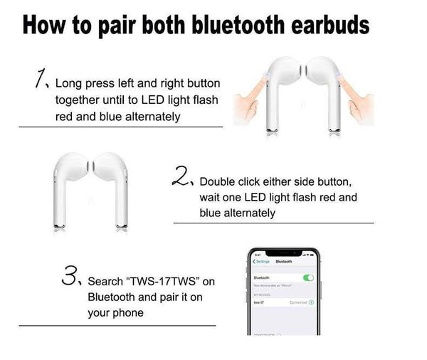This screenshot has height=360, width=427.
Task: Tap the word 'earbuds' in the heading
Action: (x=330, y=26)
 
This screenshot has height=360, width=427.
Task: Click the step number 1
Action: (x=35, y=79)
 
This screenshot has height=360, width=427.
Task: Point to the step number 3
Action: (x=69, y=273)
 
